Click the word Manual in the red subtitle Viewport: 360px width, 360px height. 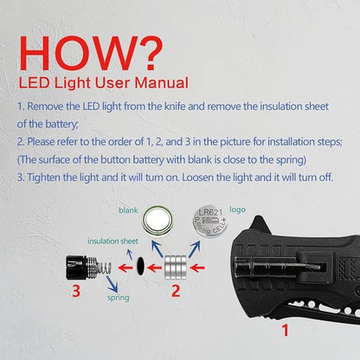(162, 83)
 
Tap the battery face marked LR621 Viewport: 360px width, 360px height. (210, 222)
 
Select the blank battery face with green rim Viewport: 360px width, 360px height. (157, 222)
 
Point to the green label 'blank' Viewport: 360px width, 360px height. (128, 210)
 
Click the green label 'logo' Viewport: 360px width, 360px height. (238, 209)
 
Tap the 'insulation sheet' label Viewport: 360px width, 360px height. (112, 241)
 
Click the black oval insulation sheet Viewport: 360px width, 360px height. (140, 266)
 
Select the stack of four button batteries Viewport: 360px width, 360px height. (176, 267)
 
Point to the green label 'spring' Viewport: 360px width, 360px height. (119, 298)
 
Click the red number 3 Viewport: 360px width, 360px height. (76, 291)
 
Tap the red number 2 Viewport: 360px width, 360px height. (176, 291)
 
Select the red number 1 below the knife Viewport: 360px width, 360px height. (286, 331)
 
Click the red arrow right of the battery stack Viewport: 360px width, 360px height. (197, 268)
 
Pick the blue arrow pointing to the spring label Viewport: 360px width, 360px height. (112, 284)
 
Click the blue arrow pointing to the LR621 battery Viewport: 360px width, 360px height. (195, 249)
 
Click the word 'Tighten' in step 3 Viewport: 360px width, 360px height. (44, 177)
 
